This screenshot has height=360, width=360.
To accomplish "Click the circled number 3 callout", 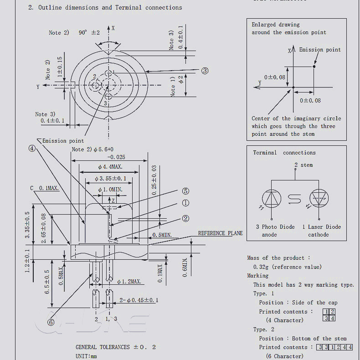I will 205,71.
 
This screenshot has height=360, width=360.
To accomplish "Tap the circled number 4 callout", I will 32,148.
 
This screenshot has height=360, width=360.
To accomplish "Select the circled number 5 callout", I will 185,191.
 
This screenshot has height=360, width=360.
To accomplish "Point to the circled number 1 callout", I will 185,203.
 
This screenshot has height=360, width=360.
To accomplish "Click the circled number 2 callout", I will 185,218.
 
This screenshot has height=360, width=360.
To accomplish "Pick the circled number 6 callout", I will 51,322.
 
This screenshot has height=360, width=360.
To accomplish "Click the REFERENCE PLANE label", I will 220,233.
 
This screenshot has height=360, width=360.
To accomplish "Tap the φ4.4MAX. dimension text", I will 110,167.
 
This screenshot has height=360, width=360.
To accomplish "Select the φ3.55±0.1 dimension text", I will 110,178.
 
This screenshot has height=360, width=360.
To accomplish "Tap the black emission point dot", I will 314,67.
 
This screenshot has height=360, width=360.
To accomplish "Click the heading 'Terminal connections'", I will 284,153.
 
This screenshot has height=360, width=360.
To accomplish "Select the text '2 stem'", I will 303,165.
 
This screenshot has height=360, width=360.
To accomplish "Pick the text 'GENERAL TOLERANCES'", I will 103,347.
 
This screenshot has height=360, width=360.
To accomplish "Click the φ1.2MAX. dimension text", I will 129,282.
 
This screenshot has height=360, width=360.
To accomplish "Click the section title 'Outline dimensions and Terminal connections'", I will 110,7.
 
